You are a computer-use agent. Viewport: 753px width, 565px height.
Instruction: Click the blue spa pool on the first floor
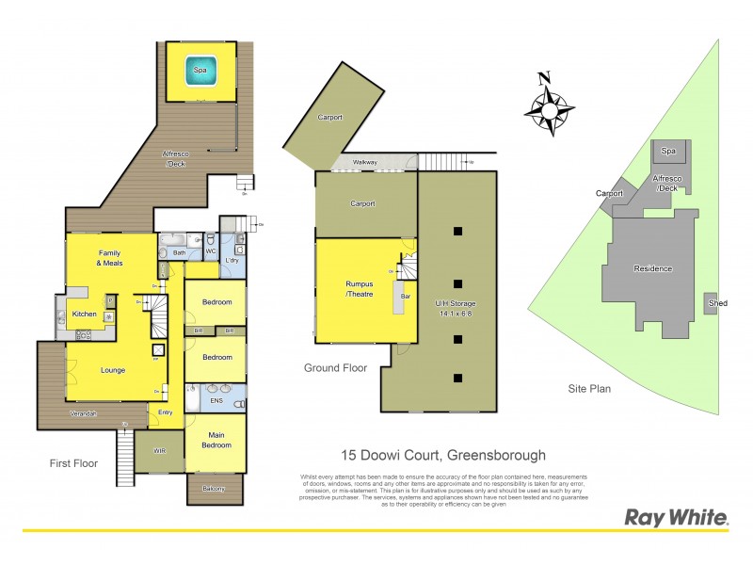point(200,72)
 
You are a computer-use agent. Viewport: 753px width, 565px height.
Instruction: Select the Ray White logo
point(675,517)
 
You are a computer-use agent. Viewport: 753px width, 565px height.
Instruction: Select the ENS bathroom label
point(215,401)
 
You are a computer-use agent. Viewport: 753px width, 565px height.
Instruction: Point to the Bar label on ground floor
point(406,297)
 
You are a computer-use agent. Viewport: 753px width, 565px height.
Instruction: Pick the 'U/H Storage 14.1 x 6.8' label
point(457,309)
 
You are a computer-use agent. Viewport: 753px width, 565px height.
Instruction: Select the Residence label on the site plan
point(652,269)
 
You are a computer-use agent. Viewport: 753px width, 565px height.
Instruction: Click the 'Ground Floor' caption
point(335,368)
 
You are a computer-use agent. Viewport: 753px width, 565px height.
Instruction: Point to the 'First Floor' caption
point(73,463)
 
